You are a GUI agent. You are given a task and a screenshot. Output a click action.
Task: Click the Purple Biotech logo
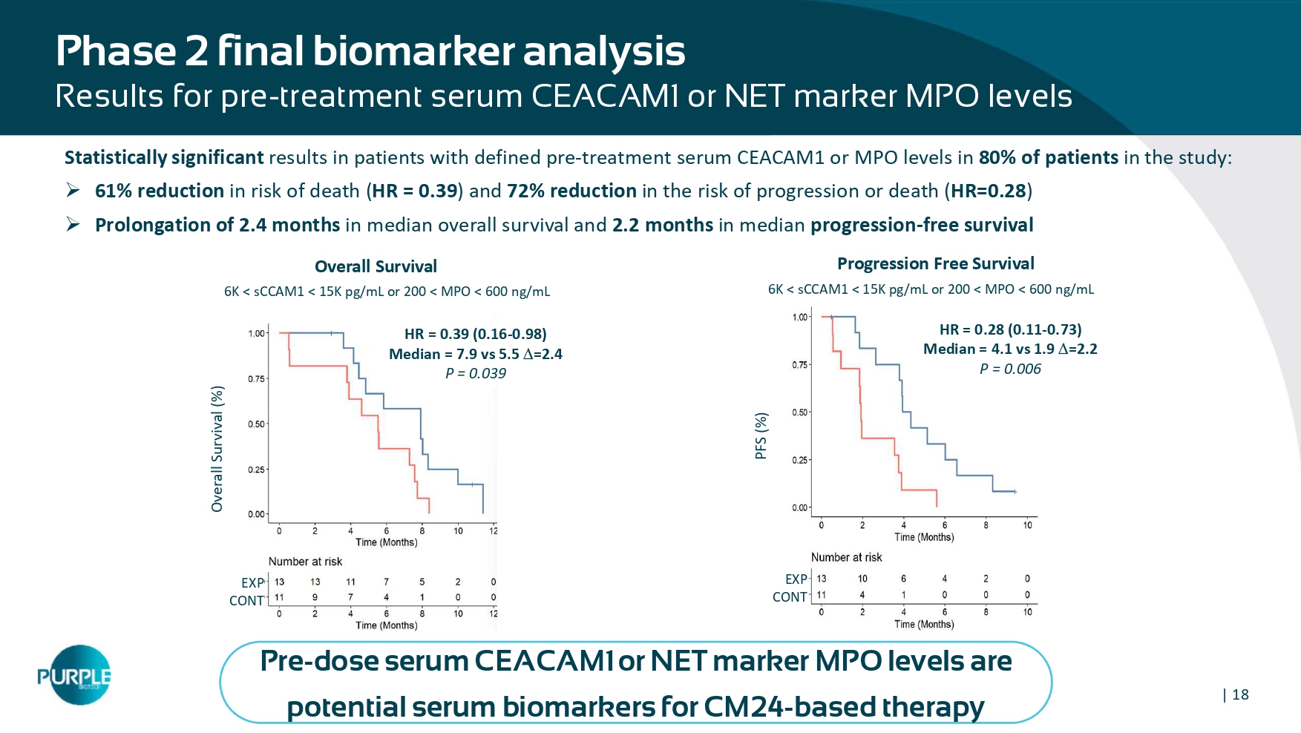(75, 675)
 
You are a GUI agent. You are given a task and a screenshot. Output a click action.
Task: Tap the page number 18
(1240, 695)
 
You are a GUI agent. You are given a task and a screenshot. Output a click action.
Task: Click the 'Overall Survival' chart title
(376, 266)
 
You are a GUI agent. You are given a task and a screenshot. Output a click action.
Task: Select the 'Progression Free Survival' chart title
(935, 263)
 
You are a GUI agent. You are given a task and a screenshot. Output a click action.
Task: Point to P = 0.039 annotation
(475, 374)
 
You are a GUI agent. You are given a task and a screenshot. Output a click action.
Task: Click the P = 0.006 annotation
(1010, 369)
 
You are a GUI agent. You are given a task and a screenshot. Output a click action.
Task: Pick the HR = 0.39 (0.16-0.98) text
(475, 334)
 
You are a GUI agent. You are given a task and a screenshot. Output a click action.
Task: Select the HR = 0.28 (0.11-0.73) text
(1010, 329)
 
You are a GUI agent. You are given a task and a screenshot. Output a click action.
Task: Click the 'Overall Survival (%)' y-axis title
(217, 449)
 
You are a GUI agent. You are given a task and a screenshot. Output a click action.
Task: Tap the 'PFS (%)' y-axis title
(761, 435)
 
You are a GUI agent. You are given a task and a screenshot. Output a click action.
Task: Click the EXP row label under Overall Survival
(252, 583)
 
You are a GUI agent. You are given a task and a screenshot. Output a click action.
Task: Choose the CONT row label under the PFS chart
(790, 597)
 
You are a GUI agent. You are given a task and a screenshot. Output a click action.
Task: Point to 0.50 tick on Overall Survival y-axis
(256, 424)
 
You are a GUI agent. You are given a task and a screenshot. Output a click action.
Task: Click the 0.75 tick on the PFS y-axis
(799, 365)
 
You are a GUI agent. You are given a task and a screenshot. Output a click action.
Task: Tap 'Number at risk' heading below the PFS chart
(846, 557)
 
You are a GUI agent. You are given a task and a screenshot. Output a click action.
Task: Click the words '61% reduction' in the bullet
(160, 191)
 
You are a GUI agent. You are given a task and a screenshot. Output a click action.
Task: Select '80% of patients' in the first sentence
(1048, 158)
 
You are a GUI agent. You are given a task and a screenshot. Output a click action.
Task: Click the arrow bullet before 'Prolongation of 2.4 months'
(73, 225)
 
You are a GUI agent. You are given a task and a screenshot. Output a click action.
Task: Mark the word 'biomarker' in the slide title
(413, 52)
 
